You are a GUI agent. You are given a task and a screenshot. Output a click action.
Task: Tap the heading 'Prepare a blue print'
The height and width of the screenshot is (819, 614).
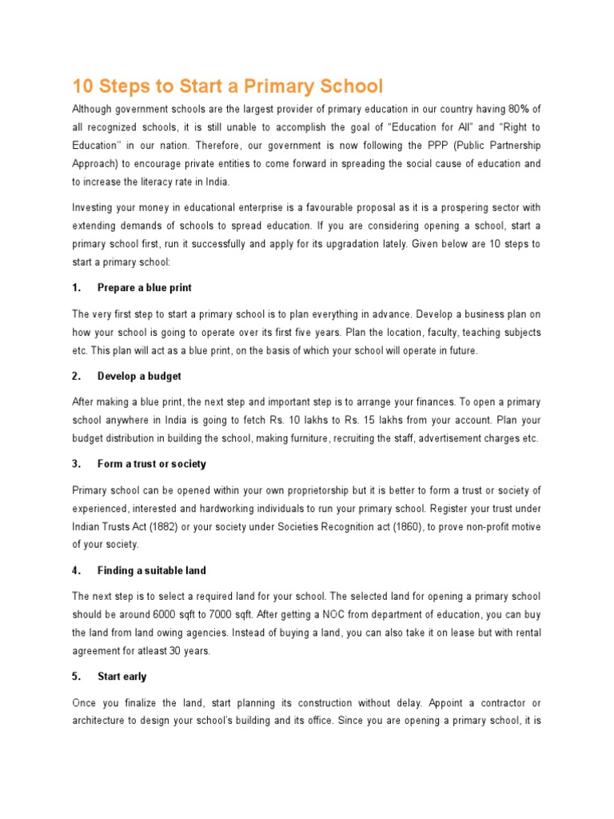144,287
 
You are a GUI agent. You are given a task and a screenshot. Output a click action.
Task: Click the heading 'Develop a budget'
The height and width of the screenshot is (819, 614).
139,376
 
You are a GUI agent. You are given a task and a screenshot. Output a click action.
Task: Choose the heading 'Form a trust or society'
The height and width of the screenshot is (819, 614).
151,464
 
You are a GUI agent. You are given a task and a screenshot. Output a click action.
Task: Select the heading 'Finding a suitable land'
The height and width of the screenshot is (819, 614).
151,570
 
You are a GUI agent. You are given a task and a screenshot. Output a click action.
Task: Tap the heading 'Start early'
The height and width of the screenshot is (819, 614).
122,677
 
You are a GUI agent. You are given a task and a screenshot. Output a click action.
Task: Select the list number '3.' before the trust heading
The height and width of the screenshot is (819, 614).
77,464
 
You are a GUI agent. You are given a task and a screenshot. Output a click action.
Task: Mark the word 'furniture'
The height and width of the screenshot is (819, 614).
298,438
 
